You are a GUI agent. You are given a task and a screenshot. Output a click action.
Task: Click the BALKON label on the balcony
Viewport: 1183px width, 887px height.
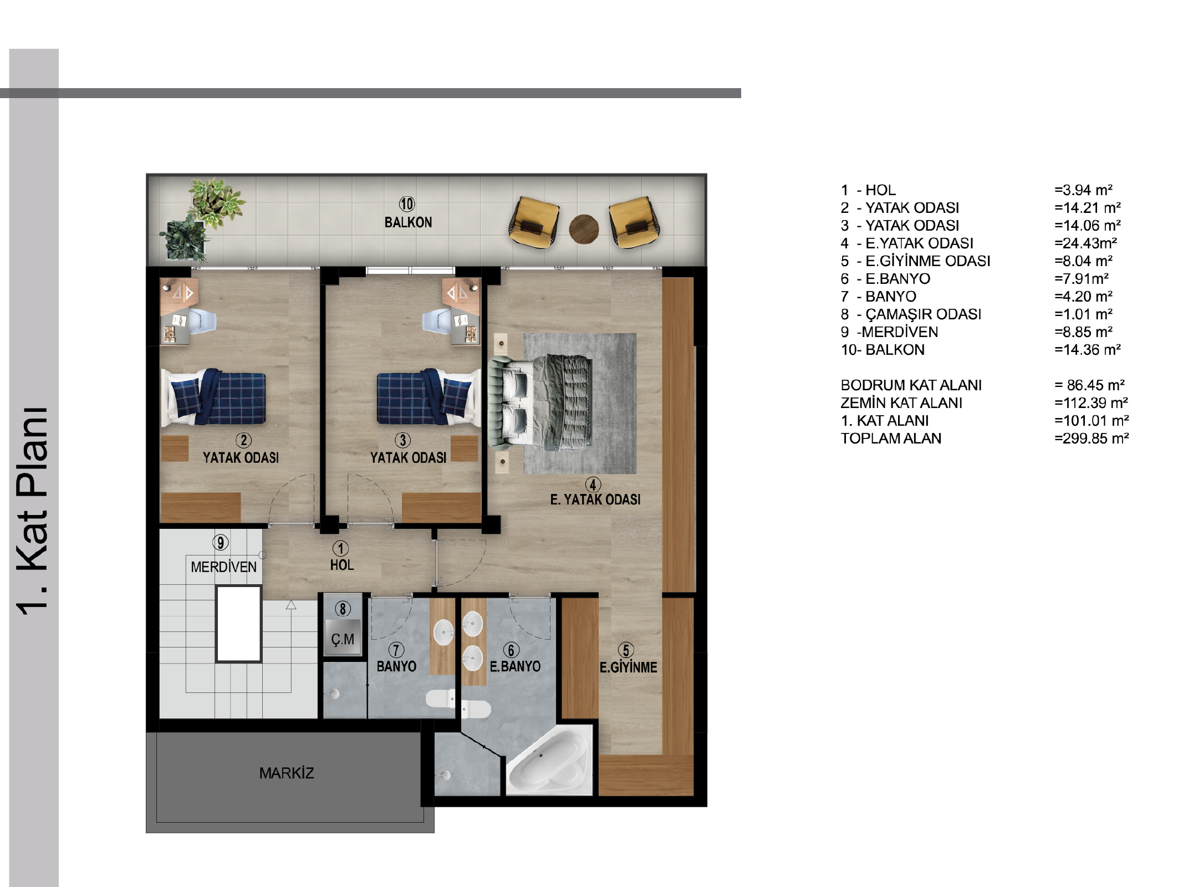pyautogui.click(x=408, y=222)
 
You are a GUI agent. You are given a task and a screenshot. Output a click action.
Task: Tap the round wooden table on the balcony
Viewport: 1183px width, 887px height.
pyautogui.click(x=584, y=229)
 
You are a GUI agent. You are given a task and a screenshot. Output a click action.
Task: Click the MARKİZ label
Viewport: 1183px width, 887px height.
pyautogui.click(x=287, y=773)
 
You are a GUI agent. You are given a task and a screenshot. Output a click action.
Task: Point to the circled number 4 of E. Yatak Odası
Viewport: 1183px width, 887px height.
pyautogui.click(x=593, y=485)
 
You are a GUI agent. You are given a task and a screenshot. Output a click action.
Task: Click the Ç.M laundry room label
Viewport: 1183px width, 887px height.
pyautogui.click(x=343, y=639)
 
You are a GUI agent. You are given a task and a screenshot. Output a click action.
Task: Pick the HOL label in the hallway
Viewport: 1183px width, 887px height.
pyautogui.click(x=341, y=565)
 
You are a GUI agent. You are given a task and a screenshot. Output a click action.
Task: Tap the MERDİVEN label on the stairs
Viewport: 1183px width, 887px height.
pyautogui.click(x=223, y=567)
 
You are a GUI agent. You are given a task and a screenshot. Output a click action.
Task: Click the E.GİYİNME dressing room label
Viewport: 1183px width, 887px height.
pyautogui.click(x=628, y=667)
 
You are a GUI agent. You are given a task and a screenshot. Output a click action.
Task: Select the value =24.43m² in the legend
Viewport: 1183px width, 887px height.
pyautogui.click(x=1085, y=243)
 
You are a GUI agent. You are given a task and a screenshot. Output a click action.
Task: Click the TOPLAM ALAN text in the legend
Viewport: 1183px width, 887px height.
pyautogui.click(x=891, y=438)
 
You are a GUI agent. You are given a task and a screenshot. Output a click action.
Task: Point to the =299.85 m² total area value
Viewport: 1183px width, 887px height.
pyautogui.click(x=1092, y=438)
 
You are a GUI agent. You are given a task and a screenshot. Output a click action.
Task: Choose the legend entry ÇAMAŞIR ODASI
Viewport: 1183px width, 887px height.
pyautogui.click(x=923, y=314)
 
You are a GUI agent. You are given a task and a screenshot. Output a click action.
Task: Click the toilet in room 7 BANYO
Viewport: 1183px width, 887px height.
pyautogui.click(x=441, y=698)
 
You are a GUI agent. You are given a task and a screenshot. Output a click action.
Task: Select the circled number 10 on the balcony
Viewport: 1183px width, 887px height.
pyautogui.click(x=407, y=204)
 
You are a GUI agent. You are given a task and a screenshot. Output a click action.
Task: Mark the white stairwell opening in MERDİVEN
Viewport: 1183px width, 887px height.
pyautogui.click(x=238, y=624)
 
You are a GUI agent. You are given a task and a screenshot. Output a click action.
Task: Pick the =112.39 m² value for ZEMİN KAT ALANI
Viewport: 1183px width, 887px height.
pyautogui.click(x=1092, y=402)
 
